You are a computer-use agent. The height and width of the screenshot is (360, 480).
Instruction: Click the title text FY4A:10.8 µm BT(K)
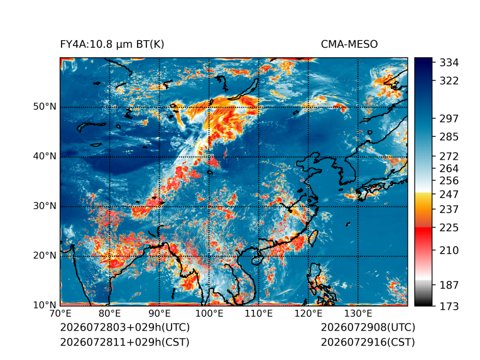click(112, 45)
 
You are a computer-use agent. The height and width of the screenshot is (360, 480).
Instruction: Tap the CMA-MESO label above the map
click(349, 45)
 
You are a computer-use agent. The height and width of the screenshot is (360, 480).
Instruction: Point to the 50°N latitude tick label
click(45, 107)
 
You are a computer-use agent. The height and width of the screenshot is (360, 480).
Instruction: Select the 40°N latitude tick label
click(45, 156)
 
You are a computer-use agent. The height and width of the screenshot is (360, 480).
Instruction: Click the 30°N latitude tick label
click(45, 205)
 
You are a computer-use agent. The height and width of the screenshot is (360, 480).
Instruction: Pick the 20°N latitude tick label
click(45, 255)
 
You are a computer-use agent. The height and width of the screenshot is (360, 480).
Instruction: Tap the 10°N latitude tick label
click(45, 305)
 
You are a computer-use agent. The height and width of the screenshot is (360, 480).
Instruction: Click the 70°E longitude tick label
click(60, 314)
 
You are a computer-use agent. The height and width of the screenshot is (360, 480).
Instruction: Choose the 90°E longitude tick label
click(159, 314)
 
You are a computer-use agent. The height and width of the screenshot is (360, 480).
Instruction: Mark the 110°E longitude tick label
click(259, 314)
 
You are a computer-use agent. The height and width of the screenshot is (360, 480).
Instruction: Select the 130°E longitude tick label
click(358, 314)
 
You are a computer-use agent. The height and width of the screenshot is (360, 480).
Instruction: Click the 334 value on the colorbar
click(449, 63)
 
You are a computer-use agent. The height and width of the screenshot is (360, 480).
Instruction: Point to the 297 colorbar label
click(449, 119)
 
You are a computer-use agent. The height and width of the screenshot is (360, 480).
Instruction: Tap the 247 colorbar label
click(449, 194)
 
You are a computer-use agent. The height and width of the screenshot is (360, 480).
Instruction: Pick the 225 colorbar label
click(449, 228)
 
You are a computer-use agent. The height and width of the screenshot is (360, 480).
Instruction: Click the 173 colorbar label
click(449, 306)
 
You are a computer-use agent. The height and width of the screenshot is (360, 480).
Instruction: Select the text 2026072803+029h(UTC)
click(125, 327)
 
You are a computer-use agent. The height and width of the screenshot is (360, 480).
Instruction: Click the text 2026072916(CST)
click(368, 342)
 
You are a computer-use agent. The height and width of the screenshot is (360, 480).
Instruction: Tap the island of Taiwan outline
click(314, 238)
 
